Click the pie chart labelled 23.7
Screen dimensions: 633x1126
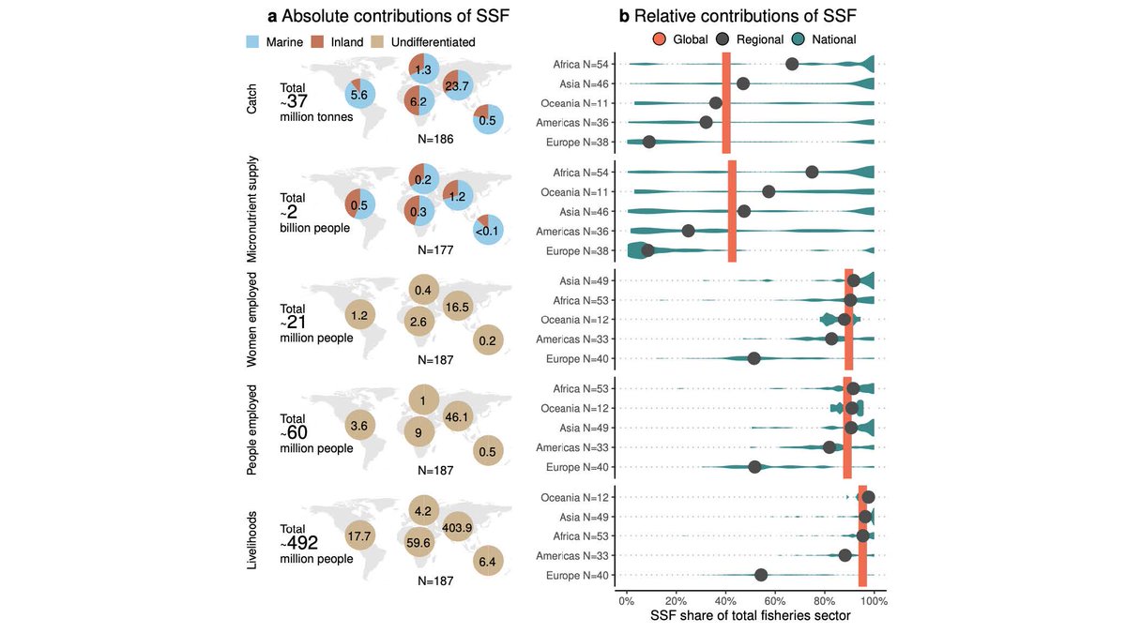tap(458, 85)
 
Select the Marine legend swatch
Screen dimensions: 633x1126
tap(251, 42)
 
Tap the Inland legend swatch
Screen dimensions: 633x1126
tap(318, 42)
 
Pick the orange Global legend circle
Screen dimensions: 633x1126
tap(661, 39)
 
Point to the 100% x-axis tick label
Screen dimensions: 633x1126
tap(874, 600)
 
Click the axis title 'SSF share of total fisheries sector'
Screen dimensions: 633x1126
tap(751, 616)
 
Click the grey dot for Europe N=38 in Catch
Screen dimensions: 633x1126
tap(648, 143)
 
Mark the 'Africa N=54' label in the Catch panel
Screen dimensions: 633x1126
tap(582, 64)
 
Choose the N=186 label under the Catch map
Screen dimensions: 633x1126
tap(435, 139)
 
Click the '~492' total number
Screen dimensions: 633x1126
tap(302, 543)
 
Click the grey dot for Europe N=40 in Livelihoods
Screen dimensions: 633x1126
tap(761, 575)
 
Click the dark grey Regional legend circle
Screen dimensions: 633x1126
tap(723, 39)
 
